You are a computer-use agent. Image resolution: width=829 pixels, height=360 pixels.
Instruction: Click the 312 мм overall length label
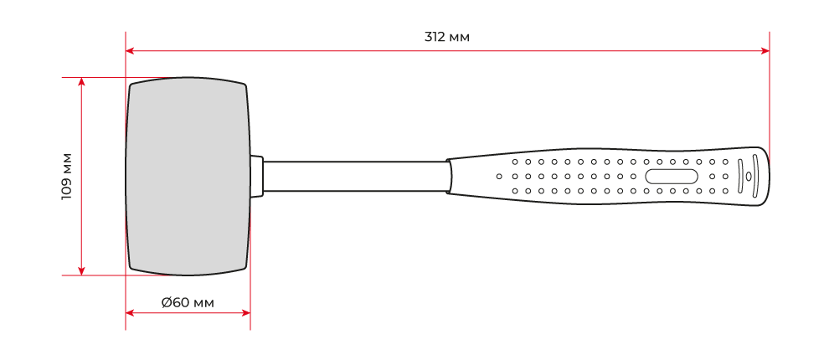coord(447,37)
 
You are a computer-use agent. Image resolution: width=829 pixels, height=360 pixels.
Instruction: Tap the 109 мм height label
coord(67,177)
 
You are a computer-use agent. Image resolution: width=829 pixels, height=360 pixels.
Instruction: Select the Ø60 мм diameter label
coord(188,303)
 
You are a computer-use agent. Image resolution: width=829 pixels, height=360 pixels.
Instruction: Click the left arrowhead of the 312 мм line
coord(130,51)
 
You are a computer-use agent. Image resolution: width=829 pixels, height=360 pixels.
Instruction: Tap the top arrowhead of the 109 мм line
coord(81,81)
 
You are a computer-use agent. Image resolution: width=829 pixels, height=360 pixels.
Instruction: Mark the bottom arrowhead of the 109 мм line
coord(81,271)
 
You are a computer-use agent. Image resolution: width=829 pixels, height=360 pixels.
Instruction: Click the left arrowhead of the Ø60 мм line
coord(130,313)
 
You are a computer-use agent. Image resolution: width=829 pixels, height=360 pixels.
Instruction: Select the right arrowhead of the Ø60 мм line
coord(246,313)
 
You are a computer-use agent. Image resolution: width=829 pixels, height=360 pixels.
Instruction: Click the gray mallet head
coord(188,177)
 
